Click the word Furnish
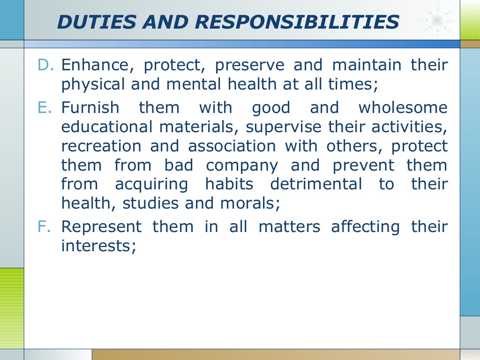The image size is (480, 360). click(90, 108)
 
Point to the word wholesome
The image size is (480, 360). click(403, 108)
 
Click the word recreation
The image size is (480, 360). click(100, 146)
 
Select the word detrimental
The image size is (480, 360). click(316, 185)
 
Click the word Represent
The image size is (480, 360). click(101, 227)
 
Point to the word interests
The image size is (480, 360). click(98, 246)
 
